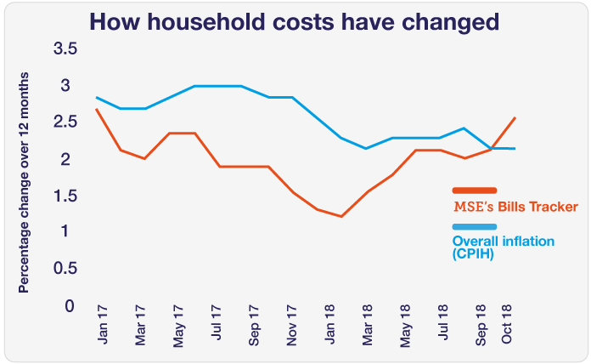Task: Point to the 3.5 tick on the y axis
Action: (x=65, y=49)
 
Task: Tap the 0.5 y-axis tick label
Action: (x=65, y=269)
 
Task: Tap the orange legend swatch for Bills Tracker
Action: (x=475, y=191)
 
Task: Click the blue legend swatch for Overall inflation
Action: (x=475, y=226)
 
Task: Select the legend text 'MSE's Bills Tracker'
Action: (x=507, y=207)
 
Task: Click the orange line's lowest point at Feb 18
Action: (x=341, y=216)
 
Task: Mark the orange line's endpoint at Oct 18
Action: (x=515, y=117)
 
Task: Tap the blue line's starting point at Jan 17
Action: (x=98, y=97)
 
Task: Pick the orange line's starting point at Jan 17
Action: (x=98, y=109)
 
